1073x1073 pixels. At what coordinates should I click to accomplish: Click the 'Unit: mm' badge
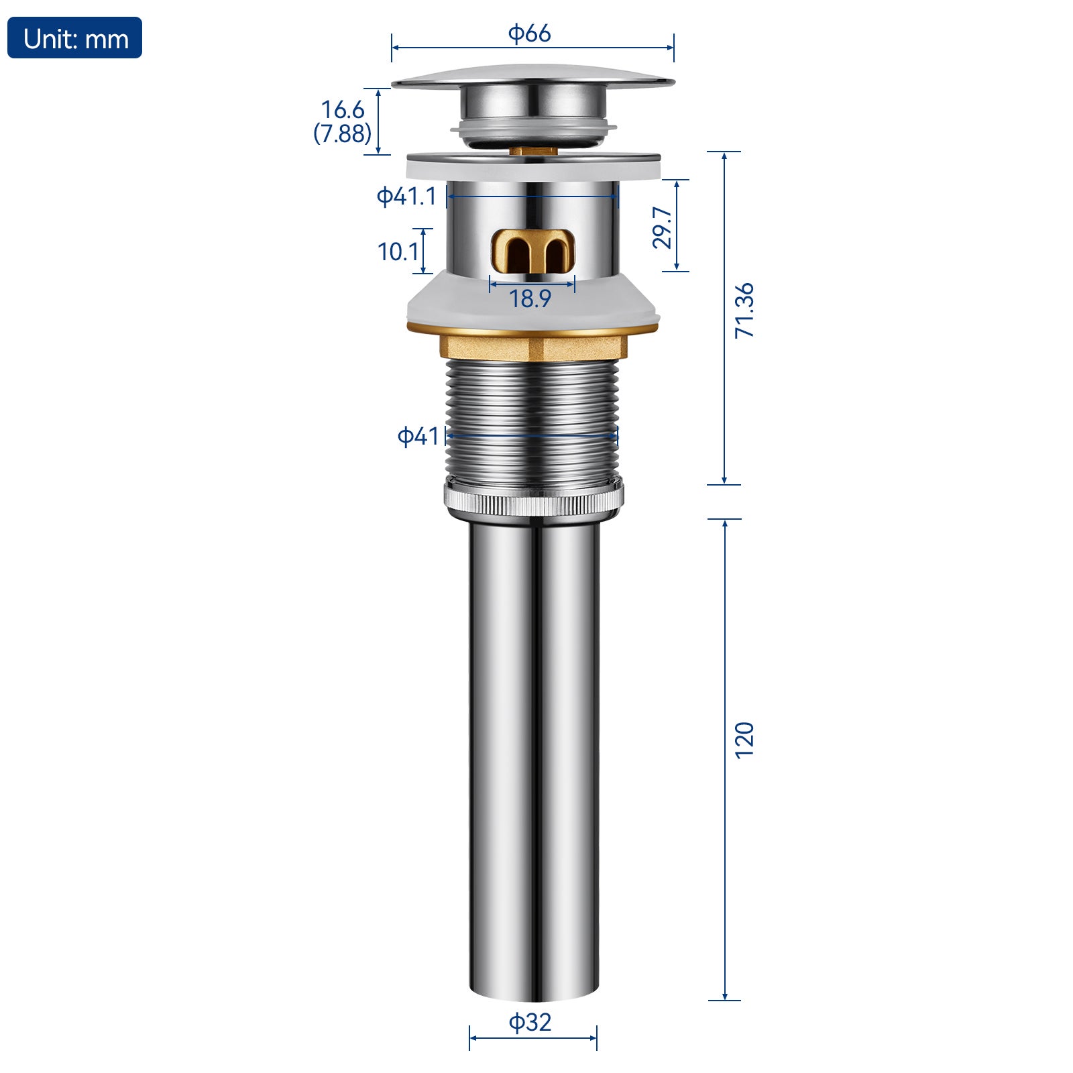(x=74, y=38)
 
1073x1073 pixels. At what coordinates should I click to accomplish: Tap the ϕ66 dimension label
(x=529, y=33)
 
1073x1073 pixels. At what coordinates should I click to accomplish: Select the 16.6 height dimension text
(x=343, y=109)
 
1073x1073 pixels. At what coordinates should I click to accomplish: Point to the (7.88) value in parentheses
(x=342, y=133)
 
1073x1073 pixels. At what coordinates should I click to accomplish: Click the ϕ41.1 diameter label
(x=406, y=196)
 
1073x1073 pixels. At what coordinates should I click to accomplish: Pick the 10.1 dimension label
(x=398, y=251)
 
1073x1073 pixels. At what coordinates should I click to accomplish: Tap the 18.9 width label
(x=530, y=298)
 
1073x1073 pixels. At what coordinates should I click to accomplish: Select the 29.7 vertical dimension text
(x=662, y=227)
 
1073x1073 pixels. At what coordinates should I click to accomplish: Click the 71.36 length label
(x=744, y=310)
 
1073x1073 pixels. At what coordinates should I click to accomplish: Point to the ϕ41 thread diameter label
(x=418, y=436)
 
